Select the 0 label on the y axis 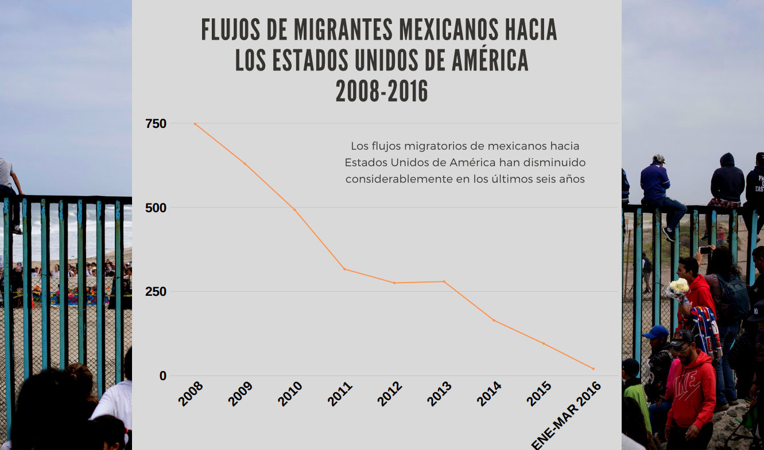click(x=162, y=376)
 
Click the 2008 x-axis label click(x=191, y=394)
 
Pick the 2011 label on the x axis click(x=340, y=394)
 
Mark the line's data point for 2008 click(x=195, y=124)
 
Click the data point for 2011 click(x=344, y=269)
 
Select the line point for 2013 click(x=444, y=281)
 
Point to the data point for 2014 click(x=494, y=320)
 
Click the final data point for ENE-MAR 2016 click(x=594, y=369)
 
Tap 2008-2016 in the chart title click(x=382, y=92)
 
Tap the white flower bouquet click(x=679, y=285)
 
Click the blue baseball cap click(x=656, y=331)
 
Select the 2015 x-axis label click(x=540, y=394)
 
